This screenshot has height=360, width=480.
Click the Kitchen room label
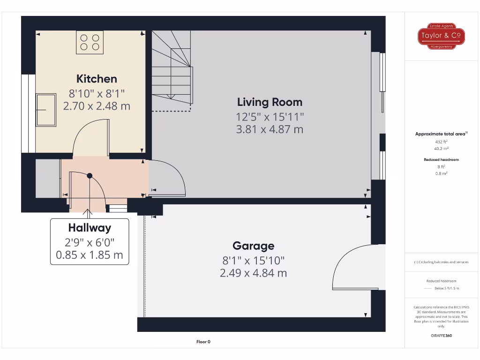click(97, 79)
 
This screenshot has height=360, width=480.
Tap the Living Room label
click(270, 102)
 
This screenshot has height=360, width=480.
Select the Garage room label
click(253, 246)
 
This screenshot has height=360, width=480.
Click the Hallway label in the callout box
click(90, 228)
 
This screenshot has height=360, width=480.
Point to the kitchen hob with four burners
click(90, 41)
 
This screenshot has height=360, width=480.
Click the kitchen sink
click(45, 110)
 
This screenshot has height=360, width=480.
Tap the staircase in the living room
click(172, 70)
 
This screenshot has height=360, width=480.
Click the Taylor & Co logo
click(441, 36)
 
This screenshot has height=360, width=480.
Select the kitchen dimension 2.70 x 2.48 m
click(97, 106)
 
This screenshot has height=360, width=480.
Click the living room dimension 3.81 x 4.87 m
click(270, 129)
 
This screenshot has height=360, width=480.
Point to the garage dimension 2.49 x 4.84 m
click(253, 273)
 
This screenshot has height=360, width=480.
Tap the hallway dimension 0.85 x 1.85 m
click(90, 255)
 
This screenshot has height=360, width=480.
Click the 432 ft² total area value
click(441, 141)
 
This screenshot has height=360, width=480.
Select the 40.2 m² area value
click(441, 148)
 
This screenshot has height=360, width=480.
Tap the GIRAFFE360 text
click(441, 336)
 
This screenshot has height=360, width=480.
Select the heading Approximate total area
click(441, 134)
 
